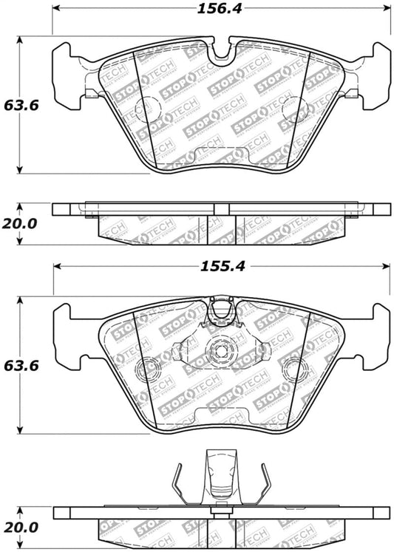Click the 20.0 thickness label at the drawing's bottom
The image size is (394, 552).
tap(21, 526)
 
